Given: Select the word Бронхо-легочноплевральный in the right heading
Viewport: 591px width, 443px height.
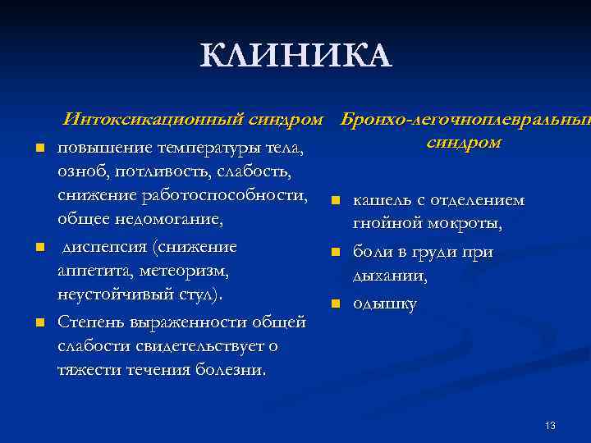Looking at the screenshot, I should pos(465,120).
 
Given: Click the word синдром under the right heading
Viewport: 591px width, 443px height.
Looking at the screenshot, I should pos(464,142).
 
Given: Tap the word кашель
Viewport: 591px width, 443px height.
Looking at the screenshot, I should pos(380,200).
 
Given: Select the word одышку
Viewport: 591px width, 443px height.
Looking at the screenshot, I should pos(384,304).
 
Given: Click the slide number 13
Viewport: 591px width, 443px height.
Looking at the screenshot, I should pos(550,425).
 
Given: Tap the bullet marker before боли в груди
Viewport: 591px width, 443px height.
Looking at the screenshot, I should pos(335,253).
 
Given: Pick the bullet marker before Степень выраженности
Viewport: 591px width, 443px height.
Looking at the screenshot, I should pos(39,321).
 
